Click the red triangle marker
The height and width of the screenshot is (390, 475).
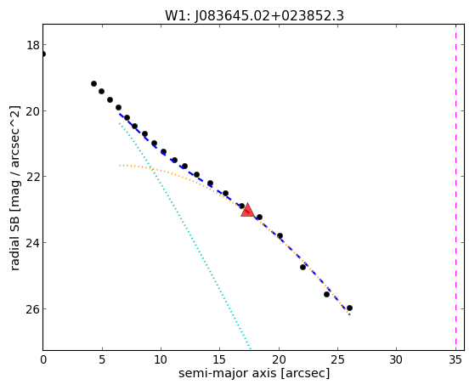[247, 210]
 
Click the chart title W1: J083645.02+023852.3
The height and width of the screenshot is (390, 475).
[254, 16]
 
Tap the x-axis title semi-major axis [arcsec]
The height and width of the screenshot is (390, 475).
[254, 373]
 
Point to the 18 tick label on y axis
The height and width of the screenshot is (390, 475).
[33, 45]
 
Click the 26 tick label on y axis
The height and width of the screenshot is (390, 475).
[33, 309]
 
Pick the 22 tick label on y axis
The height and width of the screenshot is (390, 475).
[33, 177]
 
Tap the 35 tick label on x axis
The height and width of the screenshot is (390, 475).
[455, 359]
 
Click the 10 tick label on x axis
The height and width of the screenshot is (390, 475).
[161, 359]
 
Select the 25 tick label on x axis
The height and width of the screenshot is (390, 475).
[337, 359]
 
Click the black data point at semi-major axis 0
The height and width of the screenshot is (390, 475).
[43, 54]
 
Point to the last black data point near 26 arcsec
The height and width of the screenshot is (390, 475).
[349, 308]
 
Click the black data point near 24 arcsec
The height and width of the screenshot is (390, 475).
[326, 294]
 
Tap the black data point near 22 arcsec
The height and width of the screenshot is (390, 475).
[303, 267]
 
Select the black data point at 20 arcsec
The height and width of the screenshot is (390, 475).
[280, 235]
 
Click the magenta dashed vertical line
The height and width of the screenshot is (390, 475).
[455, 187]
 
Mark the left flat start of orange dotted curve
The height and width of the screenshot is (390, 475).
[121, 165]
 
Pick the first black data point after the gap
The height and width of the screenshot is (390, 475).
[94, 83]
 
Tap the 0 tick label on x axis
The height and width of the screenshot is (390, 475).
[43, 359]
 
